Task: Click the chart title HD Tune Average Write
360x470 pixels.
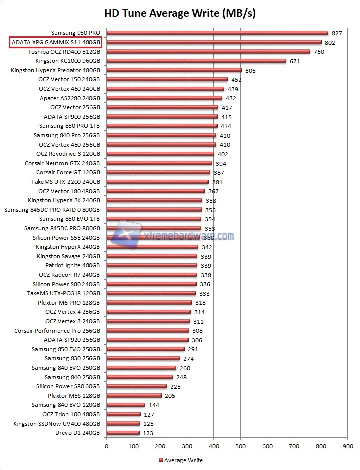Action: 180,13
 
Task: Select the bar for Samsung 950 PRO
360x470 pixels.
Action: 217,33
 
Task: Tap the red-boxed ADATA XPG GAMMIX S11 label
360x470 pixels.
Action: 55,42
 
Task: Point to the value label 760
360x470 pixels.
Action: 318,52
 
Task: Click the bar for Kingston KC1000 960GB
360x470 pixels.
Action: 196,61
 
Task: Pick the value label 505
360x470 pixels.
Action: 250,70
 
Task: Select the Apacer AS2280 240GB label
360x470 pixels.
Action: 70,98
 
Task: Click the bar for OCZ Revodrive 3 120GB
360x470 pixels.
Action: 153,154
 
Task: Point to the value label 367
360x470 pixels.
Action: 213,191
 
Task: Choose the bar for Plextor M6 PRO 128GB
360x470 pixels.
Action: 149,303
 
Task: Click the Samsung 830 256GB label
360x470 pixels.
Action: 72,358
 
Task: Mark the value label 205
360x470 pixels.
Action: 170,396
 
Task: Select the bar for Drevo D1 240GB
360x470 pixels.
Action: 123,433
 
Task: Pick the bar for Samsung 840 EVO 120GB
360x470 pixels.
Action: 126,405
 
